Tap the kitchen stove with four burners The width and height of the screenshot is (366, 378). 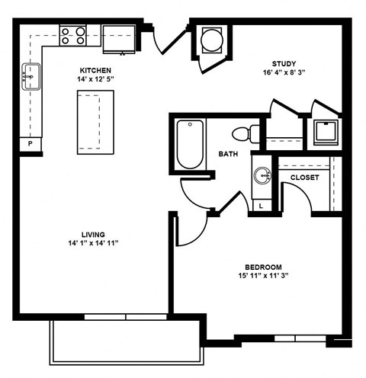coord(72,34)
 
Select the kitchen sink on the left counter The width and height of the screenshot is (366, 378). coord(31,75)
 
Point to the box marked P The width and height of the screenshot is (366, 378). coord(30,143)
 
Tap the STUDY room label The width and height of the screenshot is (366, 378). coord(284,63)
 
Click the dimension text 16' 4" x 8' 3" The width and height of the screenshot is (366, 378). coord(284,73)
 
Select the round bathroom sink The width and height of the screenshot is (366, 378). coord(262,176)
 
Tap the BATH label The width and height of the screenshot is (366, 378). coord(228,153)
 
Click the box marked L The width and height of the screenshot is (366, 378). coord(262,205)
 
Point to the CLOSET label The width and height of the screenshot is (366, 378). coord(304,178)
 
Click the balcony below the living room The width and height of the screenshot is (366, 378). coord(127,343)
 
